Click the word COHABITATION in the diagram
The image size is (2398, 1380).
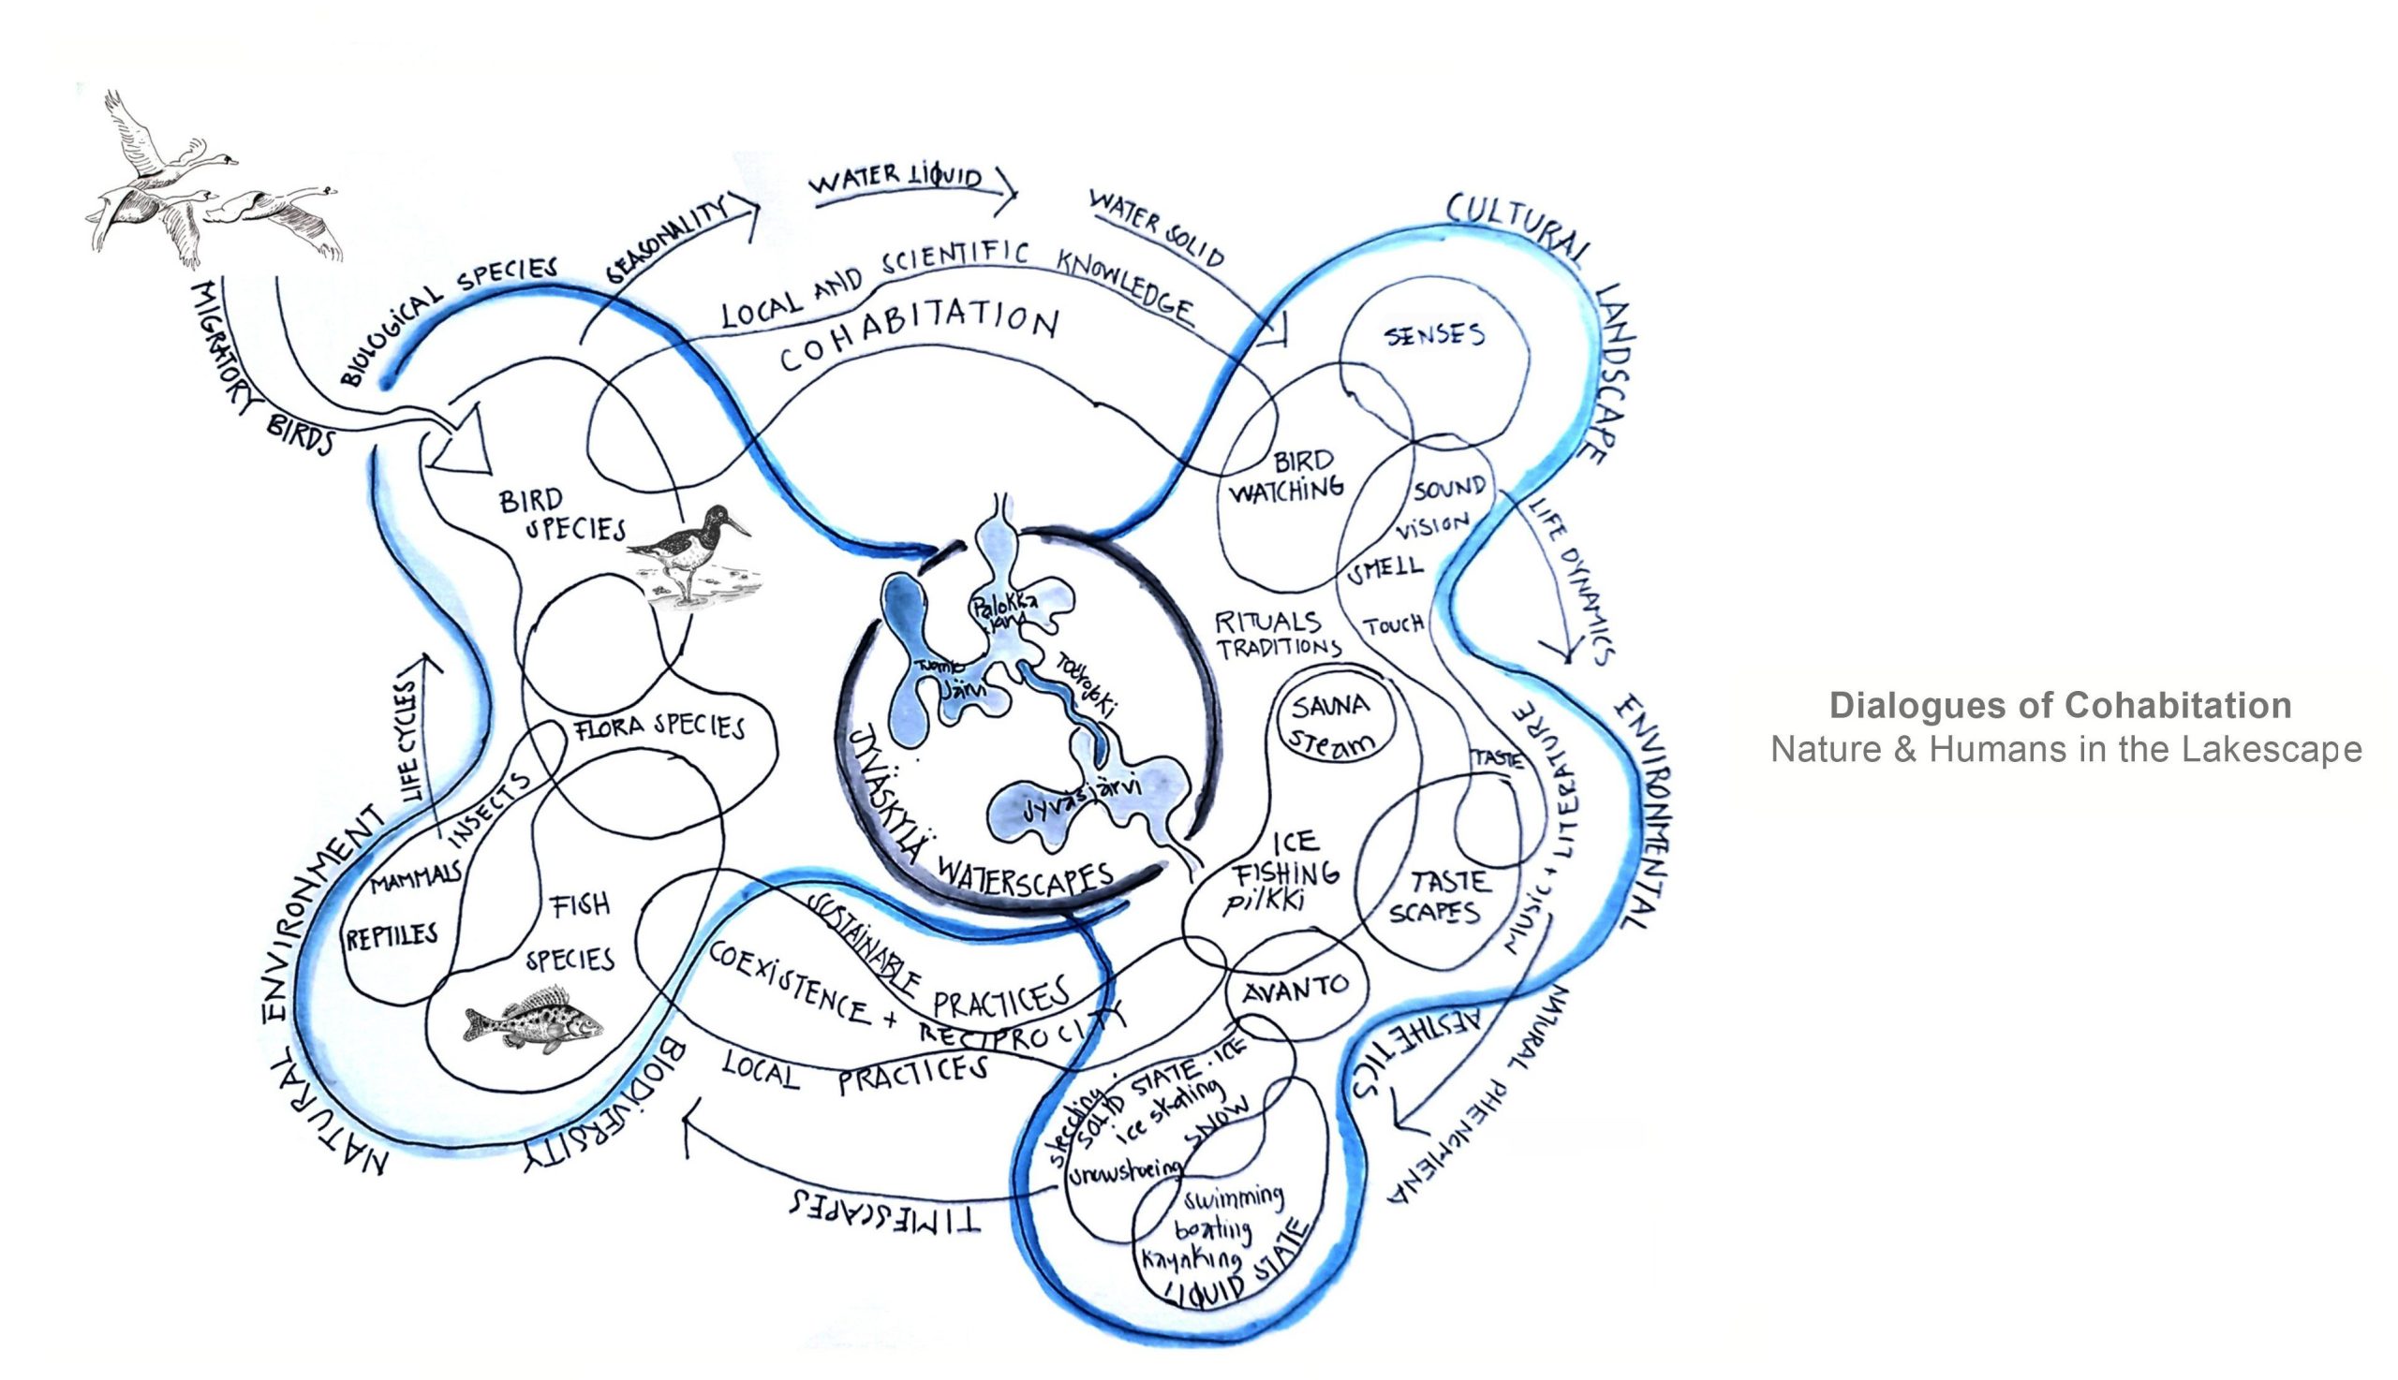(x=918, y=339)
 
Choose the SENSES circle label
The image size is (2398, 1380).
(x=1433, y=334)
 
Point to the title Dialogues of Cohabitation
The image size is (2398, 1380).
(x=2060, y=706)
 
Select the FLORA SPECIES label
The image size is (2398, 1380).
(x=659, y=726)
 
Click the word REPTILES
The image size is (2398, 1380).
(x=392, y=936)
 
